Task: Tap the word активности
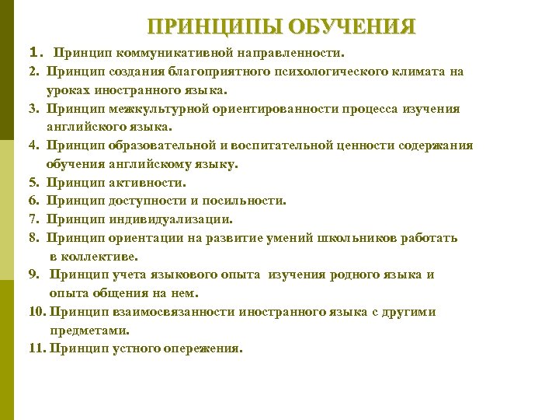(148, 183)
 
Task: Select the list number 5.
(33, 183)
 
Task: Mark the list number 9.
(34, 275)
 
